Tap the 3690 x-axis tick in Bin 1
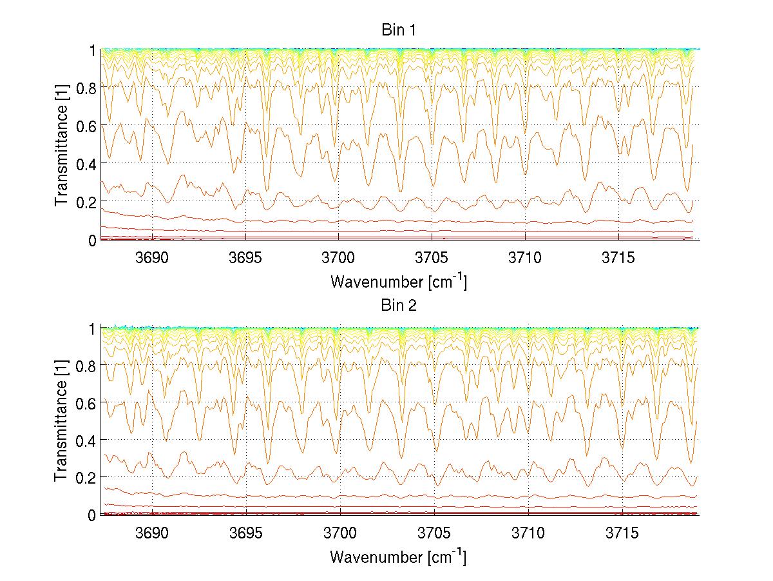152,258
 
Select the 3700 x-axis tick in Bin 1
339,258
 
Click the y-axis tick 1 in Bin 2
93,328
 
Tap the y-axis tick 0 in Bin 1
93,241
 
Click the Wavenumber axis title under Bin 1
397,281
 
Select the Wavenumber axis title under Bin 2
397,556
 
